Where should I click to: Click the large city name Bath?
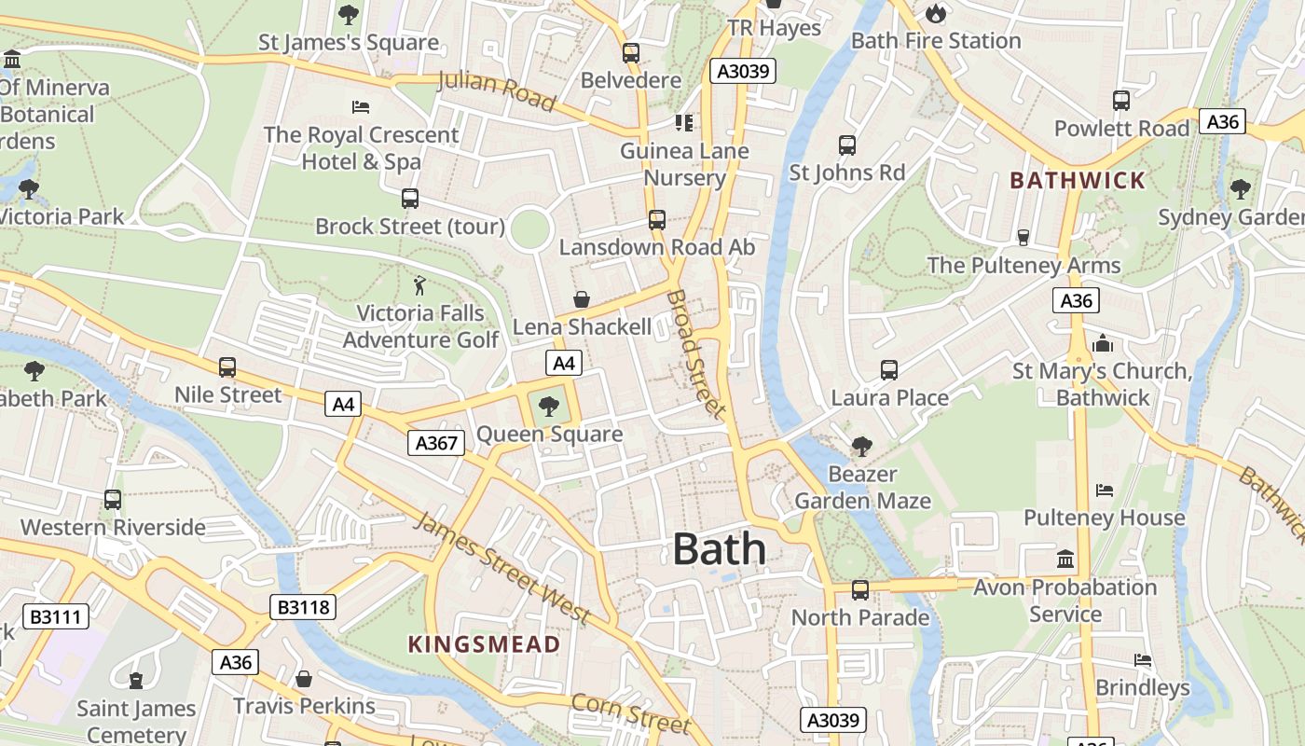tap(719, 549)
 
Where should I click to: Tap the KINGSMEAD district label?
tap(484, 644)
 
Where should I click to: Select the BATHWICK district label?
tap(1078, 181)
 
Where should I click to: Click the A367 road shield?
tap(436, 443)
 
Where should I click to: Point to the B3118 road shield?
tap(303, 608)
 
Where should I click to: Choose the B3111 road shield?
tap(56, 616)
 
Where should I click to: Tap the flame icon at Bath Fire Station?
tap(935, 13)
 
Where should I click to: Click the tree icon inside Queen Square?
tap(549, 406)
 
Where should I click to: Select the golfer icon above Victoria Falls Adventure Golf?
tap(420, 284)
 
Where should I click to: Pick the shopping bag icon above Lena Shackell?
tap(582, 299)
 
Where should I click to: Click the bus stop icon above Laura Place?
tap(888, 370)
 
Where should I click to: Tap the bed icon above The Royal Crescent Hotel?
tap(361, 107)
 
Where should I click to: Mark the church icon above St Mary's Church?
tap(1103, 343)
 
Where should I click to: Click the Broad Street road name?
tap(695, 353)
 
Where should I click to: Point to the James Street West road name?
tap(501, 567)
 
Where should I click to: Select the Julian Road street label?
tap(496, 90)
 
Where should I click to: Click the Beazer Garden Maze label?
tap(862, 488)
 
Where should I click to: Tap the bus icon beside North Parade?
tap(859, 590)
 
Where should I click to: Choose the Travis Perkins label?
tap(304, 706)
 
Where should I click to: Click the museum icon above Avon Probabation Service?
tap(1065, 559)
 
